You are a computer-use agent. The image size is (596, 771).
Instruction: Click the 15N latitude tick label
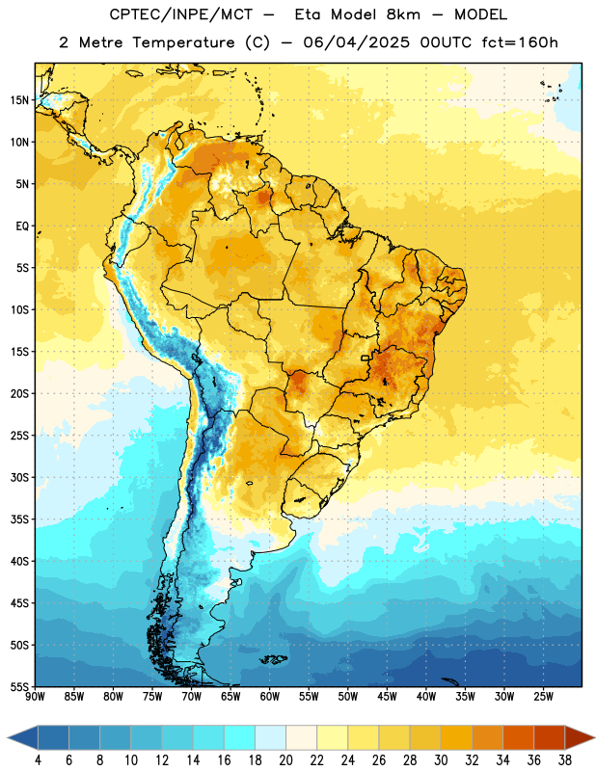(19, 100)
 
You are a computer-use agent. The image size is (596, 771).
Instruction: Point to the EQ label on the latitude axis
(22, 226)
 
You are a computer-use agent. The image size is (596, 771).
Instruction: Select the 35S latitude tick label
(19, 519)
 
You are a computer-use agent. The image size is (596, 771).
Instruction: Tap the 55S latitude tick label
(19, 687)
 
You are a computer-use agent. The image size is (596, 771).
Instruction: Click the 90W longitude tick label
(35, 697)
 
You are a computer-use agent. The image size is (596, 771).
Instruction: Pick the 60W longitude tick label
(270, 697)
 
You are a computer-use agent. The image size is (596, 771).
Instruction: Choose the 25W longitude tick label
(543, 697)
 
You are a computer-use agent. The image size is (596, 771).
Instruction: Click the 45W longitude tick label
(387, 697)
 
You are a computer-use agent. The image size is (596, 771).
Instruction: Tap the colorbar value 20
(285, 760)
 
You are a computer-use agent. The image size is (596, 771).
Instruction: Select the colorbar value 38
(564, 760)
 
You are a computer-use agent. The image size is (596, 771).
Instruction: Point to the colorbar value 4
(38, 760)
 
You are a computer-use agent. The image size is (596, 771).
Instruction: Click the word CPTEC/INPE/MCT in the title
(180, 14)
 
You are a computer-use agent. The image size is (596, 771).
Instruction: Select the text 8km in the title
(403, 14)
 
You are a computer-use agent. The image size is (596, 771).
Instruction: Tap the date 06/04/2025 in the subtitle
(356, 42)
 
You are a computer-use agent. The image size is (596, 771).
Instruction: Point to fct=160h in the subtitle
(520, 42)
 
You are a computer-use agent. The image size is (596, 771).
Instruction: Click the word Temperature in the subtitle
(184, 43)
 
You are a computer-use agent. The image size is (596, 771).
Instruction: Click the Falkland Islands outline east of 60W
(274, 659)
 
